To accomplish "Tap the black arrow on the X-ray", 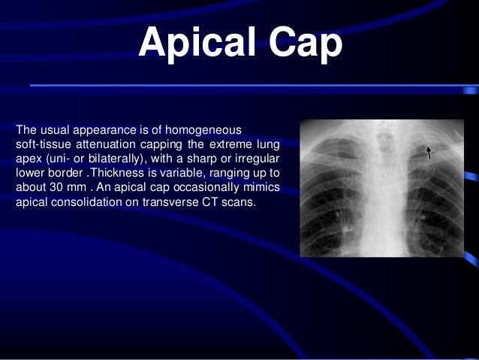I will (429, 153).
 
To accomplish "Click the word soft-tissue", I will (42, 144).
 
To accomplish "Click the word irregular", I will (258, 159).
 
